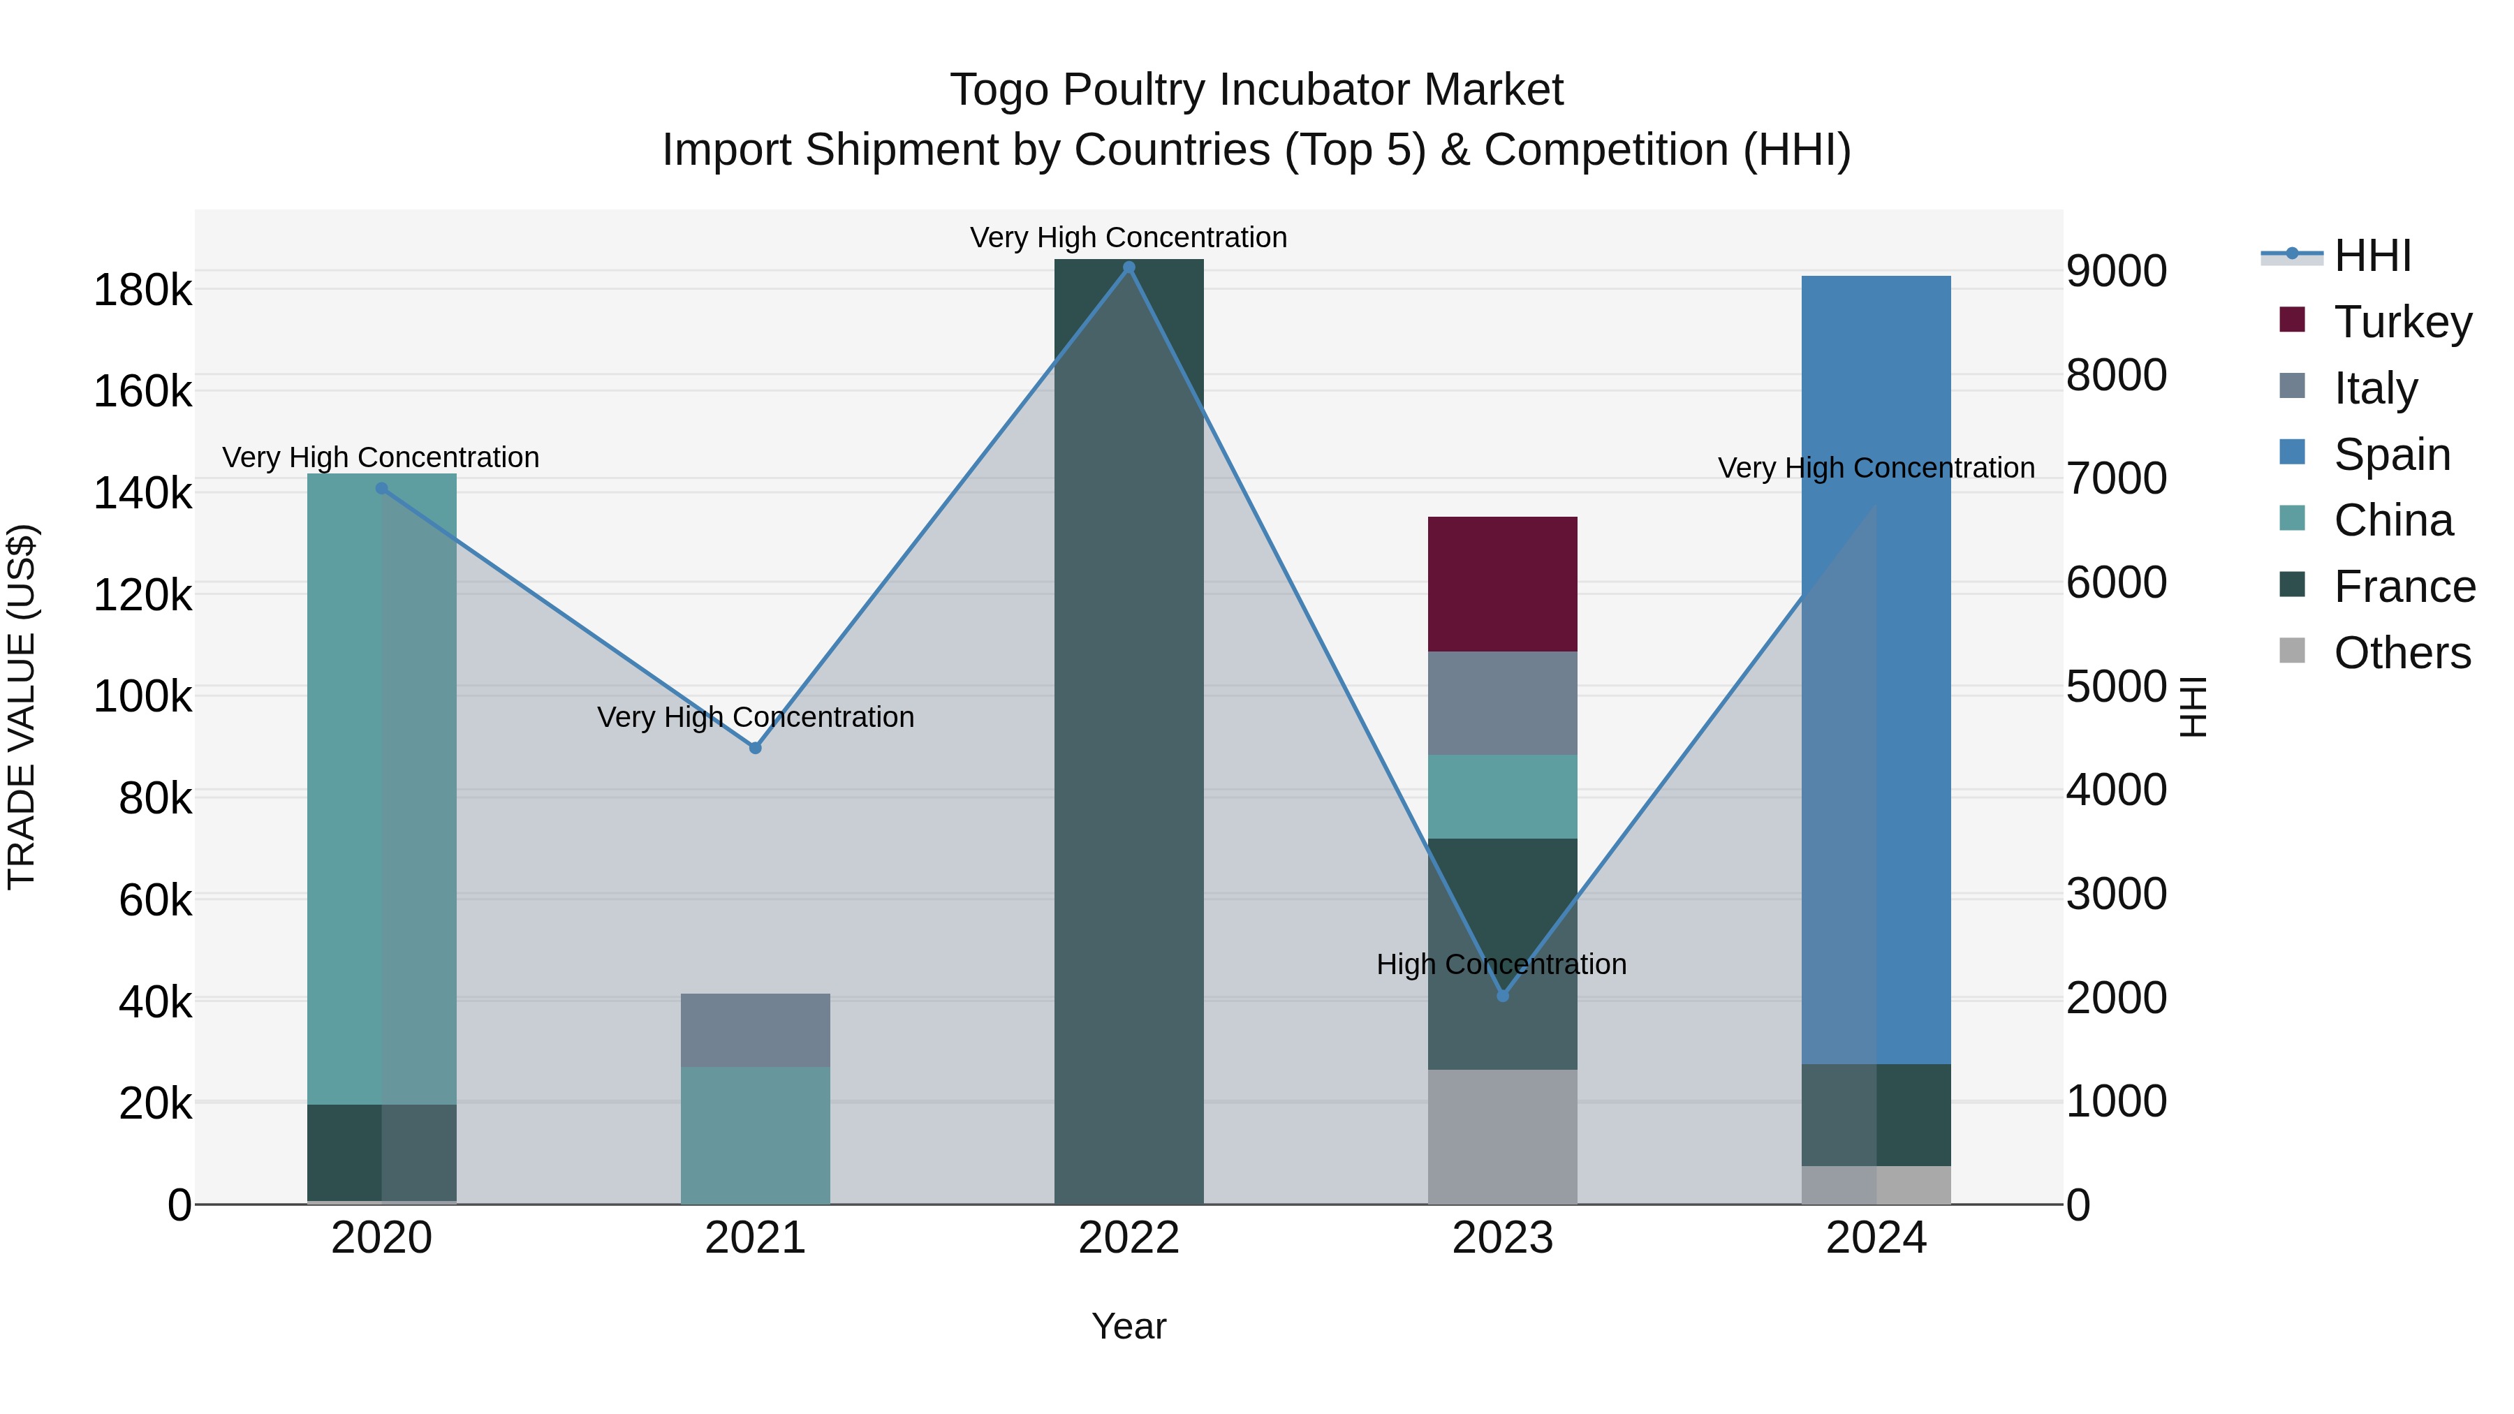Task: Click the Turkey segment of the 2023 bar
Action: click(1502, 584)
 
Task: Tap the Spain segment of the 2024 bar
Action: click(1876, 670)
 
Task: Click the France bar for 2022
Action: click(1129, 732)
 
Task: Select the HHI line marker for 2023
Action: click(1503, 996)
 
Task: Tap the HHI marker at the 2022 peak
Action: click(1129, 267)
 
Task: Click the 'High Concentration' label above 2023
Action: click(1501, 964)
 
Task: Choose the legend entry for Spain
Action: click(2391, 455)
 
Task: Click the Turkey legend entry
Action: click(2402, 322)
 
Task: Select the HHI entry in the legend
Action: click(2372, 256)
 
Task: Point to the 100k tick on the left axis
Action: click(142, 697)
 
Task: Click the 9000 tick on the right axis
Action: click(2116, 272)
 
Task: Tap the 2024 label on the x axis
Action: click(1876, 1238)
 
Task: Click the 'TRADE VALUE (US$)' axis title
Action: click(22, 707)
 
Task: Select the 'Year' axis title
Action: click(1129, 1326)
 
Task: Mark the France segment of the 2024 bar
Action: click(1876, 1114)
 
